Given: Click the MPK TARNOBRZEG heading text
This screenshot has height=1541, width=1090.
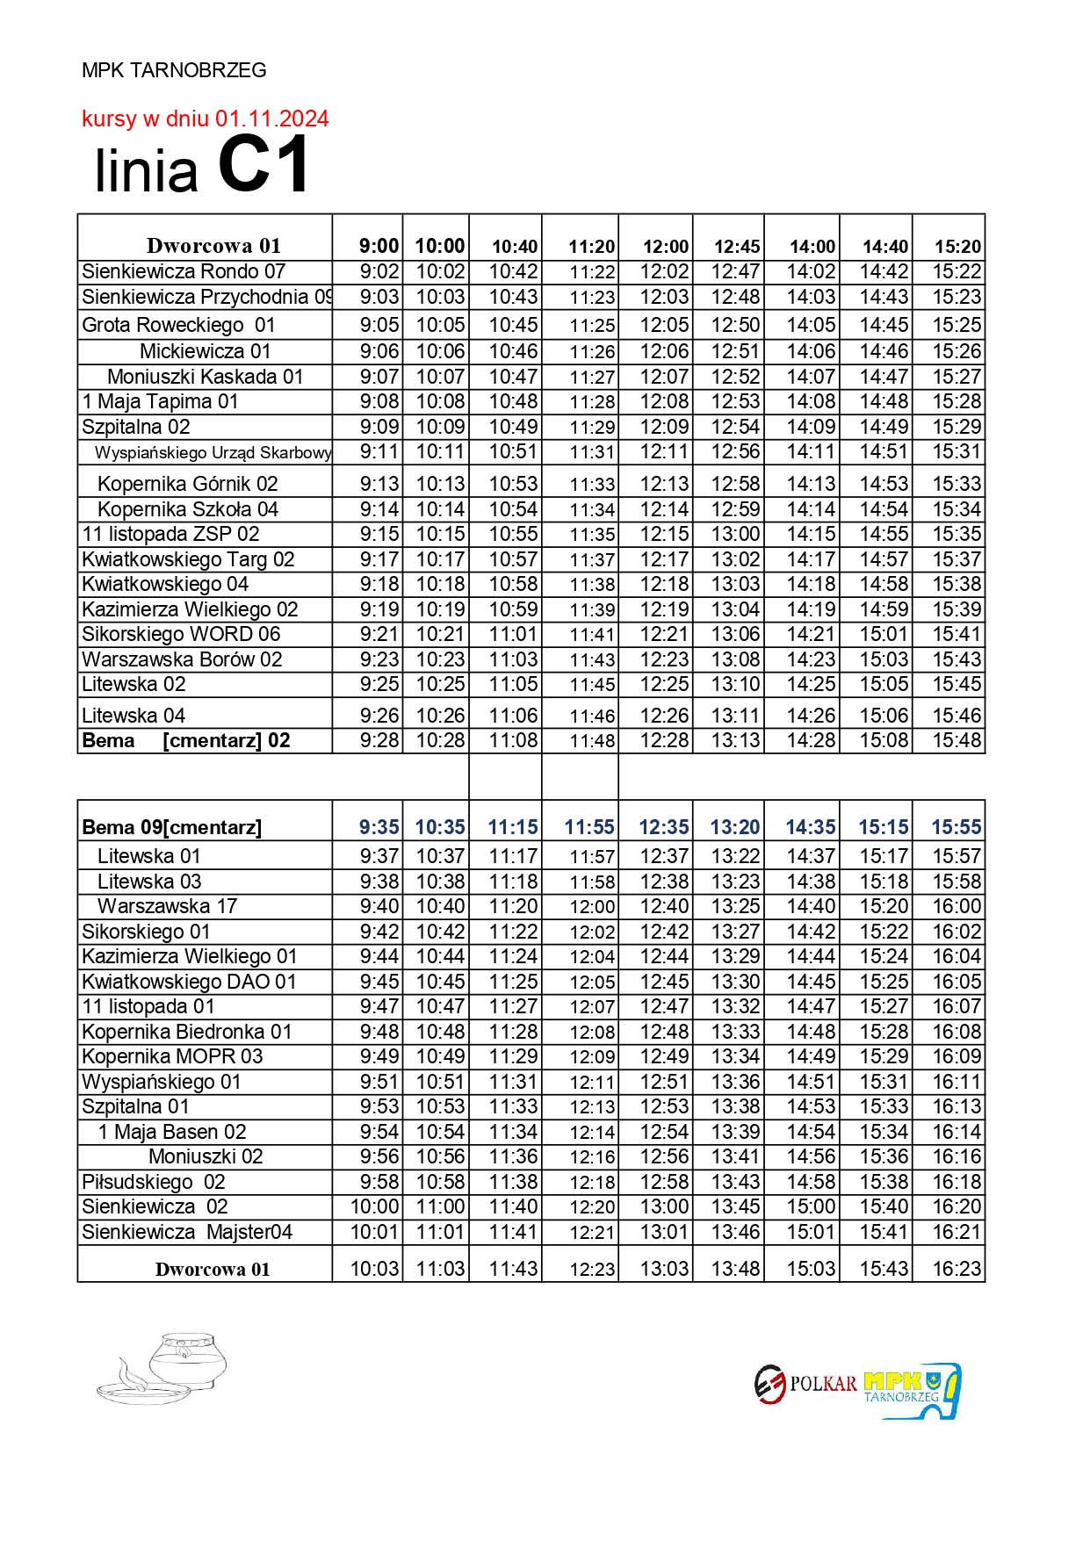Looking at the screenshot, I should coord(174,70).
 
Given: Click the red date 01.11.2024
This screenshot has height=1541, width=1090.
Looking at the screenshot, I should coord(272,119).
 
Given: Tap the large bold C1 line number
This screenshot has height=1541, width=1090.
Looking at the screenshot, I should coord(263,166).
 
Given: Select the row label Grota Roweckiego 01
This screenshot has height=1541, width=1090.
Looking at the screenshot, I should coord(178,325).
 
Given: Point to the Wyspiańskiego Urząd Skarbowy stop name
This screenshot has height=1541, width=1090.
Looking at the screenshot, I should coord(213,452).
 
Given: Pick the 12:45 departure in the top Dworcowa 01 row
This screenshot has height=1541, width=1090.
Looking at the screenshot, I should coord(736,247).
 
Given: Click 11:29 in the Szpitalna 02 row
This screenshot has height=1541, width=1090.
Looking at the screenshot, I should coord(592,428).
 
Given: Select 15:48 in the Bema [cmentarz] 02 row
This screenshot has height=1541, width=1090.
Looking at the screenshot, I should coord(956,740).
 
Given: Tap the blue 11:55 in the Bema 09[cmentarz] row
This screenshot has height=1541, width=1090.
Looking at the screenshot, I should coord(589,827).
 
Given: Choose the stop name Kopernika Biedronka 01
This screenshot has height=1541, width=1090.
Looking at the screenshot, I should coord(186,1032).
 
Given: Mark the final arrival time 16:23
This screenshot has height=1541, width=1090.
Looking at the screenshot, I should coord(956,1269).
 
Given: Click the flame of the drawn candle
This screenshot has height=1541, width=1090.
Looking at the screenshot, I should coord(126,1367).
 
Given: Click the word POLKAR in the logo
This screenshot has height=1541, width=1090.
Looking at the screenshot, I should coord(823,1384).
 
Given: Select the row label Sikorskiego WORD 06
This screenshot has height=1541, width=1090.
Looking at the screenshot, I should coord(181,634).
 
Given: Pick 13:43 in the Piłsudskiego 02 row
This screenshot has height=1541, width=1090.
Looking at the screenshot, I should coord(736,1182).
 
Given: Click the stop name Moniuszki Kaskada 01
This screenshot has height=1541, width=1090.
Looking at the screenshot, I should coord(206,377).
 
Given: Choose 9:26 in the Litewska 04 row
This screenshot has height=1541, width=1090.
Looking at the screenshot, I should coord(379,716).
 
